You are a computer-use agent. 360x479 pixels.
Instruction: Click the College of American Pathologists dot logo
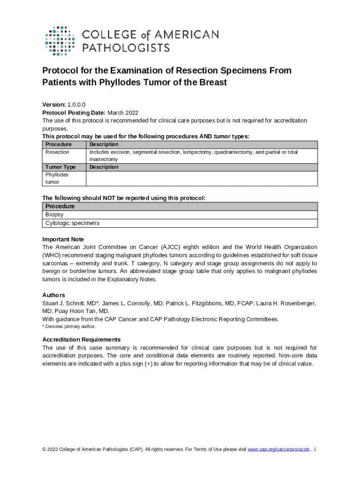point(59,40)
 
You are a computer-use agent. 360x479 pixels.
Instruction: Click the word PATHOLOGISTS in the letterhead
point(126,47)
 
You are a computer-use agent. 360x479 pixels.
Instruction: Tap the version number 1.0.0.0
point(76,105)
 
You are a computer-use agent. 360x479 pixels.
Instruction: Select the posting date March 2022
point(123,113)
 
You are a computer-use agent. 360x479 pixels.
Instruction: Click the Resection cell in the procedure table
point(57,152)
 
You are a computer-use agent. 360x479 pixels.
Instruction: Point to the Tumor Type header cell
point(60,167)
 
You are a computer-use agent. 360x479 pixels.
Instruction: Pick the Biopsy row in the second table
point(54,214)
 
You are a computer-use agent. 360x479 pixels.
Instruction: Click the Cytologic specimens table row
point(72,223)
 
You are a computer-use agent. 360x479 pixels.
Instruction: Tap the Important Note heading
point(63,239)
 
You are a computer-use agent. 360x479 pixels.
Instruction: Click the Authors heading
point(54,295)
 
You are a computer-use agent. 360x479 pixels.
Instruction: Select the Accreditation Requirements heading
point(81,340)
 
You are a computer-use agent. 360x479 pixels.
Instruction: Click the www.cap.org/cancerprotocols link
point(278,449)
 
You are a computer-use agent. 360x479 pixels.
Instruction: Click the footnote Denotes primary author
point(70,327)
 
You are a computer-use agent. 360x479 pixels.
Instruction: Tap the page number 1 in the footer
point(316,449)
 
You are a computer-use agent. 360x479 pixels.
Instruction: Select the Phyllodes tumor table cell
point(57,178)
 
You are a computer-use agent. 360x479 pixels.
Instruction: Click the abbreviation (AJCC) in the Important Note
point(164,247)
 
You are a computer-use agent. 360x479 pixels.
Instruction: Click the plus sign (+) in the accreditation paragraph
point(148,363)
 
